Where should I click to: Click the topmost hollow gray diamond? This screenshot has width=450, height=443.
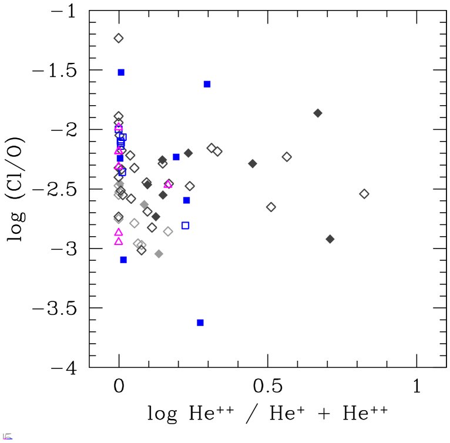coord(119,38)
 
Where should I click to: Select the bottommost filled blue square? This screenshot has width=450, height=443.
coord(200,323)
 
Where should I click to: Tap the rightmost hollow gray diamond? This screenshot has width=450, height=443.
coord(364,194)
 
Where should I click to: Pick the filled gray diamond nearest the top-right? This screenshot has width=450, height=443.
coord(318,113)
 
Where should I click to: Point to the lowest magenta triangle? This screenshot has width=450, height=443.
coord(119,241)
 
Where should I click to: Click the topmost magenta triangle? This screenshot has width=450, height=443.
coord(119,126)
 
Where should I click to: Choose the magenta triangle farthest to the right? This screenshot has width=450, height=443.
coord(168,184)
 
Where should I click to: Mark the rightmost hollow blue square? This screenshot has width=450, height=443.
coord(186,226)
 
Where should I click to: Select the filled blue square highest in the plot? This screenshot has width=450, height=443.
coord(121,72)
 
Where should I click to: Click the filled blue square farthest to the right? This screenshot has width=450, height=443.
coord(207,84)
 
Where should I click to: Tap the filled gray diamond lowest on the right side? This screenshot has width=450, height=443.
coord(330,239)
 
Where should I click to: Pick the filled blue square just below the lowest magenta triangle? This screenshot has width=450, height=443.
coord(123,260)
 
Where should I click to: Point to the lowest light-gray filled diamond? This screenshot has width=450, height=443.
coord(159,254)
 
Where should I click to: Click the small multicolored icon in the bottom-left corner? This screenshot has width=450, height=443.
coord(7,437)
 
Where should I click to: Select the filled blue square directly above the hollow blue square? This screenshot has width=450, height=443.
coord(187,200)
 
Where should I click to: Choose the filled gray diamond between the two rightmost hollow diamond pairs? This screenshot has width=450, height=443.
coord(253,163)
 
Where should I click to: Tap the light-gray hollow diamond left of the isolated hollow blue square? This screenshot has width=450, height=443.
coord(168,231)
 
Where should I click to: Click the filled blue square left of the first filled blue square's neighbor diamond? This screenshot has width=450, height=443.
coord(176,157)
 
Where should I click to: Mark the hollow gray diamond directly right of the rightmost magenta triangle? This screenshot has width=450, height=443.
coord(190,186)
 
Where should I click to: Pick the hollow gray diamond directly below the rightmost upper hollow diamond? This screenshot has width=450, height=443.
coord(271,207)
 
